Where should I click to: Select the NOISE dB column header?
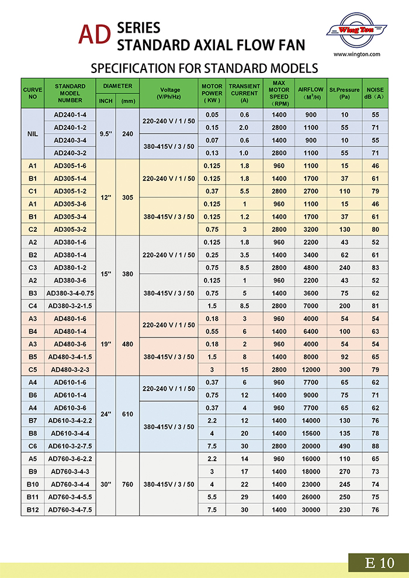374,93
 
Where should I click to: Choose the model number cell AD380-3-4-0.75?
70,293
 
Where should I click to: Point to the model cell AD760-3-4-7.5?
70,510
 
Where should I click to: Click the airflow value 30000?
311,510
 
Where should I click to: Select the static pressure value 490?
345,445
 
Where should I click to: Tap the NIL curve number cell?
33,134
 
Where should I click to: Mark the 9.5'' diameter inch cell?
106,134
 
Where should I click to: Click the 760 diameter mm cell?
128,483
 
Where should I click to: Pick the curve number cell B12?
33,510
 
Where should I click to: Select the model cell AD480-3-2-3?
70,369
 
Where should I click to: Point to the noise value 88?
374,445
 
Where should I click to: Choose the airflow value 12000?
311,369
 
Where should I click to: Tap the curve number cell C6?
33,445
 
